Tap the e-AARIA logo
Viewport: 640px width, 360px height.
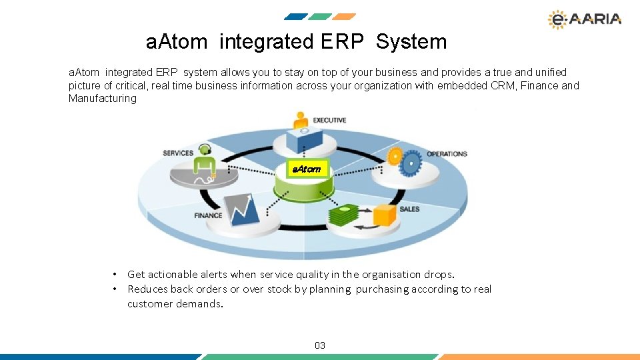click(x=584, y=19)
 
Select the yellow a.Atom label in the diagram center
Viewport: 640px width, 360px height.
click(x=306, y=169)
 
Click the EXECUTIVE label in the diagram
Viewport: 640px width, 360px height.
click(x=329, y=120)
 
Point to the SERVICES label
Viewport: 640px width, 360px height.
click(x=178, y=153)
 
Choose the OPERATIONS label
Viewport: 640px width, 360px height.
click(x=447, y=153)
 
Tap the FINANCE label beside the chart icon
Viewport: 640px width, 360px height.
click(x=208, y=215)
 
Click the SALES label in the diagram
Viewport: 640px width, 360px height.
click(x=409, y=209)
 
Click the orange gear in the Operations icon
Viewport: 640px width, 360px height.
click(x=395, y=157)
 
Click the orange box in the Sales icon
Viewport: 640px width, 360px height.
click(x=385, y=214)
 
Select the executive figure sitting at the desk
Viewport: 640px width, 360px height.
click(x=300, y=123)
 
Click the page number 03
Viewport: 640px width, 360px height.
click(x=320, y=345)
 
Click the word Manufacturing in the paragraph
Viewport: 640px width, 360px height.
click(x=102, y=99)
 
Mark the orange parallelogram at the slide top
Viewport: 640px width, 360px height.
click(x=344, y=17)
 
